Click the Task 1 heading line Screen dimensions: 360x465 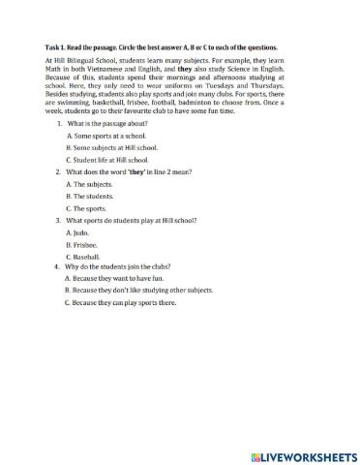coord(161,46)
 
